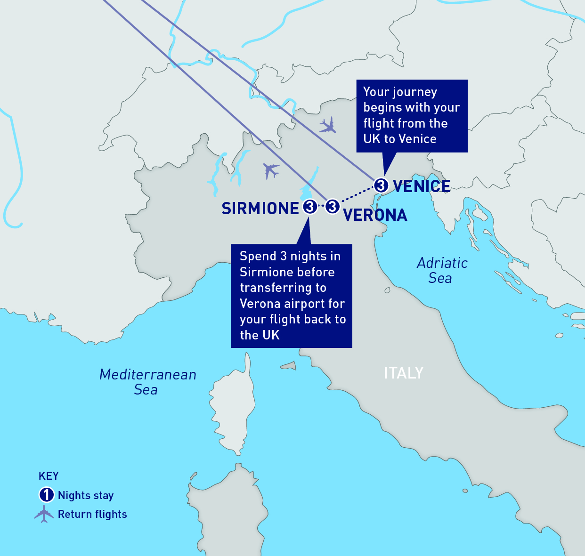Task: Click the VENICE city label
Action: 422,186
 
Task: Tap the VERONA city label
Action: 375,215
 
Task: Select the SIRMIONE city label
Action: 260,209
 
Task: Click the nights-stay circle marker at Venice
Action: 381,185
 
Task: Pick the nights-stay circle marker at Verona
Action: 333,206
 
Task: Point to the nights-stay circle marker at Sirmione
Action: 309,206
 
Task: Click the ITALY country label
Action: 404,373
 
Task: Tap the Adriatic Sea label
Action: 441,270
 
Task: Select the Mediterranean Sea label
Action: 147,382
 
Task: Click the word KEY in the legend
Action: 49,476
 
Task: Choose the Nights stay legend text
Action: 86,495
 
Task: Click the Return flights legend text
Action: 92,514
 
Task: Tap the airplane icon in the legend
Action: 44,514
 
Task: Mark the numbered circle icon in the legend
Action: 46,495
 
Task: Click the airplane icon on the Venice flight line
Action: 327,125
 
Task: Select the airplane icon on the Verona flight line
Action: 271,170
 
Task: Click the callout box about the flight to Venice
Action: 411,115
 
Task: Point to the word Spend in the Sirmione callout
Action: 258,256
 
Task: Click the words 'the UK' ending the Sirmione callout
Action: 260,335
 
